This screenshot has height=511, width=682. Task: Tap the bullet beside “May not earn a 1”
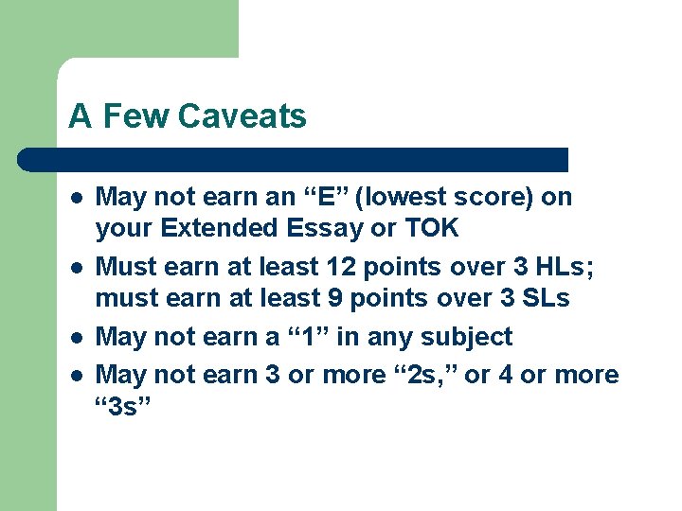[73, 338]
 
